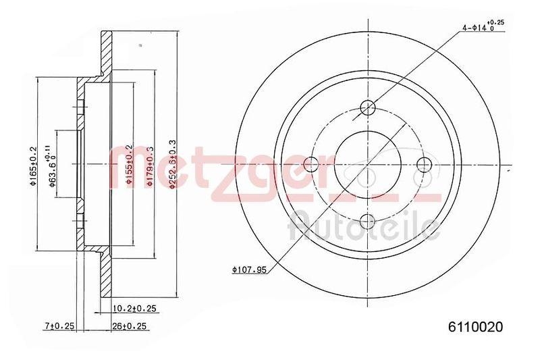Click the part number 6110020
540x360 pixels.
(477, 327)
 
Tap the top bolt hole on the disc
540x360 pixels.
(368, 107)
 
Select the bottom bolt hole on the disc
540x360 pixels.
(368, 220)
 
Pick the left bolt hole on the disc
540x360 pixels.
(311, 164)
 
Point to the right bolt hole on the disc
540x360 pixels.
(425, 164)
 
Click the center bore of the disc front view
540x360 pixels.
(368, 164)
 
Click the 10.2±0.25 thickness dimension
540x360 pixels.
(135, 309)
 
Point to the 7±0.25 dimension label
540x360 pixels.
(59, 327)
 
